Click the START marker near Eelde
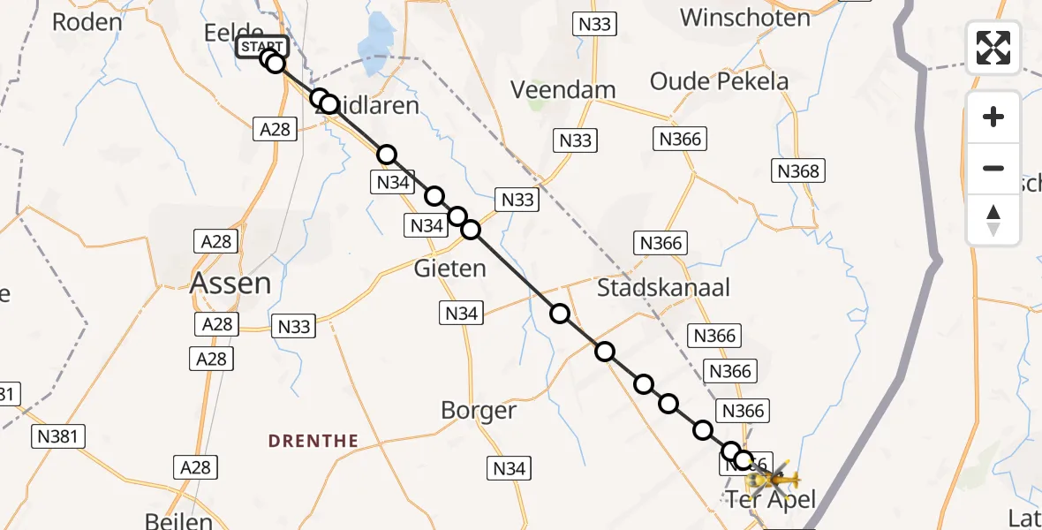click(x=261, y=46)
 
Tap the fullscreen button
click(x=993, y=48)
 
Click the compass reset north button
click(x=993, y=220)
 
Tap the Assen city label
click(x=231, y=284)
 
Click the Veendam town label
click(x=563, y=90)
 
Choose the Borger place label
click(x=479, y=411)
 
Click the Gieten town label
click(x=449, y=268)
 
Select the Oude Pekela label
click(x=719, y=82)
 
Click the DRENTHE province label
click(x=313, y=441)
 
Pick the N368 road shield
click(x=797, y=171)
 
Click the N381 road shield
click(x=58, y=435)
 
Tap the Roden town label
click(x=87, y=22)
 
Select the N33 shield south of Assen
click(x=294, y=327)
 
